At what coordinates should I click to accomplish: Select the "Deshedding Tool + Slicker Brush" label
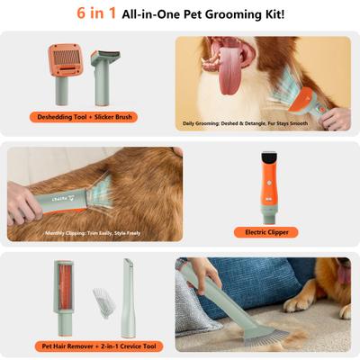[x=85, y=116]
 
